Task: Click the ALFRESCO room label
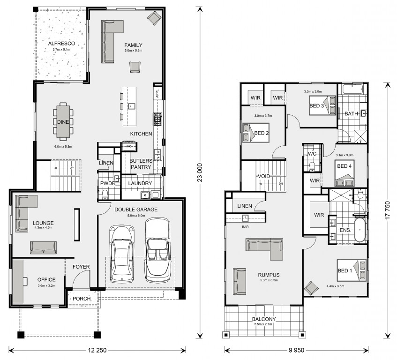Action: point(61,43)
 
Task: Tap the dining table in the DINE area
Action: point(63,122)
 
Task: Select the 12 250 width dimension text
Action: point(97,350)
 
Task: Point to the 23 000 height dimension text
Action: point(200,172)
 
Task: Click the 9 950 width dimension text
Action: point(297,350)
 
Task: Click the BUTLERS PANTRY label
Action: point(141,164)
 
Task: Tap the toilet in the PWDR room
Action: point(104,195)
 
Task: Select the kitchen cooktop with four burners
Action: point(157,119)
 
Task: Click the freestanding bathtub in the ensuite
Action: point(360,230)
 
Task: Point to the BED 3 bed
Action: point(322,105)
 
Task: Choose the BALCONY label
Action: point(264,319)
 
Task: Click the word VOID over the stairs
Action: point(264,176)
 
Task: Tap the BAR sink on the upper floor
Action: point(245,217)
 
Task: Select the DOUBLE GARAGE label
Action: point(136,210)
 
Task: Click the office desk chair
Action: point(25,281)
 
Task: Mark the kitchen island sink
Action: point(131,106)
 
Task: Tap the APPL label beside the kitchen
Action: point(157,93)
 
